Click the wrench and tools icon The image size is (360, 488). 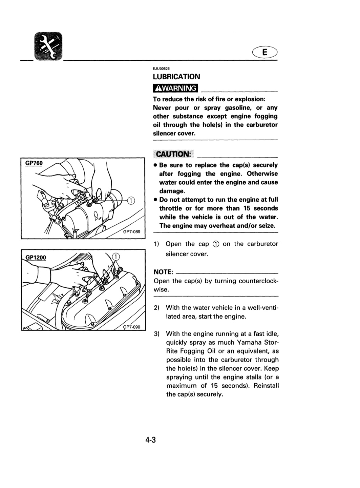coord(48,46)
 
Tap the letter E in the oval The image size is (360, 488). coord(265,52)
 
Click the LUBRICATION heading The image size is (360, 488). coord(176,77)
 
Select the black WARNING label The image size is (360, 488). coord(175,88)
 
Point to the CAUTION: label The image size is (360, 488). coord(173,154)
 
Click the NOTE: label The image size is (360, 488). coord(163,272)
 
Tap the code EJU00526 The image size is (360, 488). coord(161,69)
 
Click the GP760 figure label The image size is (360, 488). coord(34,163)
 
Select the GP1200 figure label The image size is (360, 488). coord(36,258)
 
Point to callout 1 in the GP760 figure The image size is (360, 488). coord(131,201)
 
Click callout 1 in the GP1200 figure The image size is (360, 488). coord(116,257)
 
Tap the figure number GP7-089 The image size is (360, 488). coord(131,232)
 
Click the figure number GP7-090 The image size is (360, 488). coord(131,327)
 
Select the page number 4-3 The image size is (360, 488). coord(150,440)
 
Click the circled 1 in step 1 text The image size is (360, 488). coord(216,244)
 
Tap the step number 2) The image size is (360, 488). coord(156,308)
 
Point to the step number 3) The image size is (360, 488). coord(156,334)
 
